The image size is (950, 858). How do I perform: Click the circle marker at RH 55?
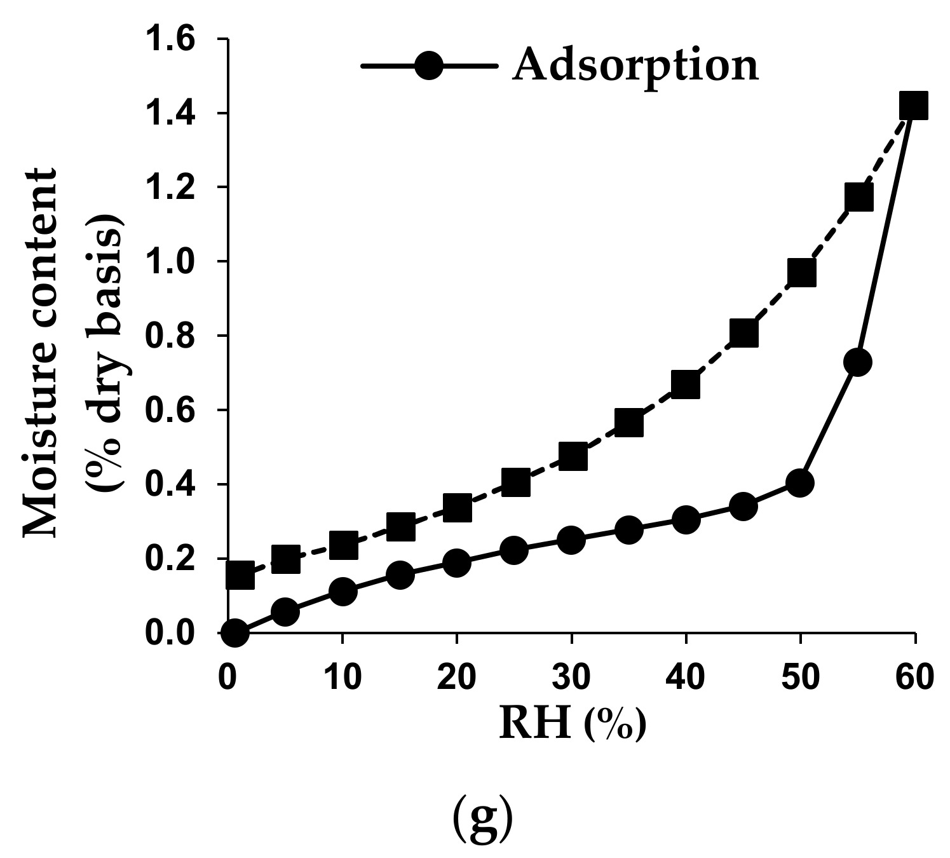pos(857,362)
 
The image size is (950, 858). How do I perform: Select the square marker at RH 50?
pos(801,273)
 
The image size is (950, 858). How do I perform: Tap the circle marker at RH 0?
pos(234,633)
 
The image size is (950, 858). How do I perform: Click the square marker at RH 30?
pos(573,456)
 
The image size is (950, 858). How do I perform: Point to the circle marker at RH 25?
pos(514,550)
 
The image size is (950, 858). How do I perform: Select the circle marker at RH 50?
pos(799,483)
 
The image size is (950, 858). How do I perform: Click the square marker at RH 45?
pos(743,333)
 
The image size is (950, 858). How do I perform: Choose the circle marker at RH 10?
pos(343,592)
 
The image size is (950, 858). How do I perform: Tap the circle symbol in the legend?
pos(429,65)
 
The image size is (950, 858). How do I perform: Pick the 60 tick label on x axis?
pos(914,678)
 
